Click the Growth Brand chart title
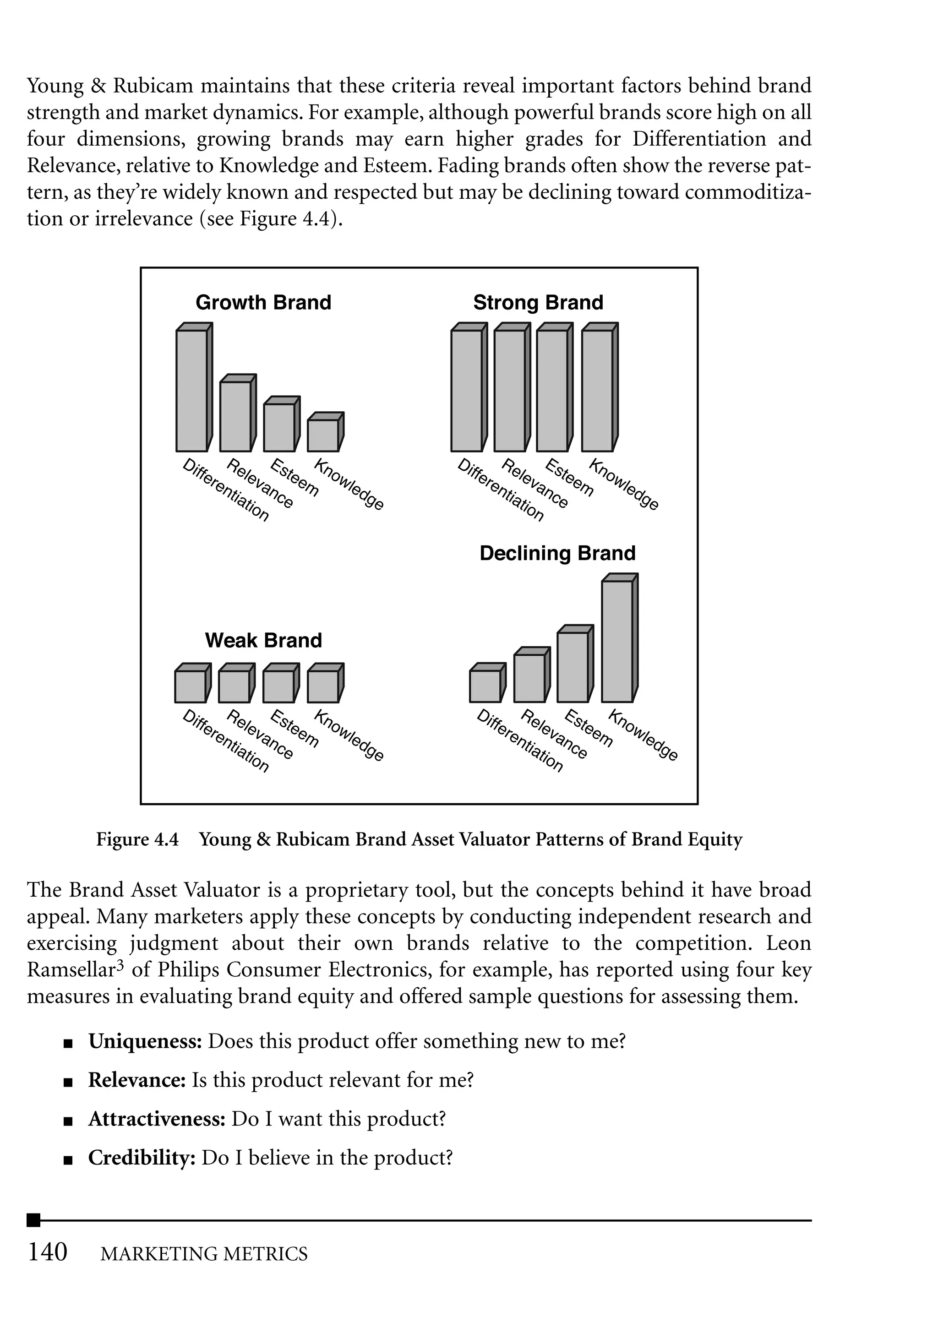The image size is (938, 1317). tap(263, 303)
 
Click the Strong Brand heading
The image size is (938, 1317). tap(538, 303)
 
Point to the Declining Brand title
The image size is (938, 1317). tap(557, 553)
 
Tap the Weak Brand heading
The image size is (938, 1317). tap(263, 640)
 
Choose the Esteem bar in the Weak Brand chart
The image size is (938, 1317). tap(278, 686)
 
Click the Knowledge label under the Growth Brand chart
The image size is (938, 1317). tap(348, 484)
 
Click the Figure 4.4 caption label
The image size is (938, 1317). tap(137, 839)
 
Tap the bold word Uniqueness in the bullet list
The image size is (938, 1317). tap(144, 1041)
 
